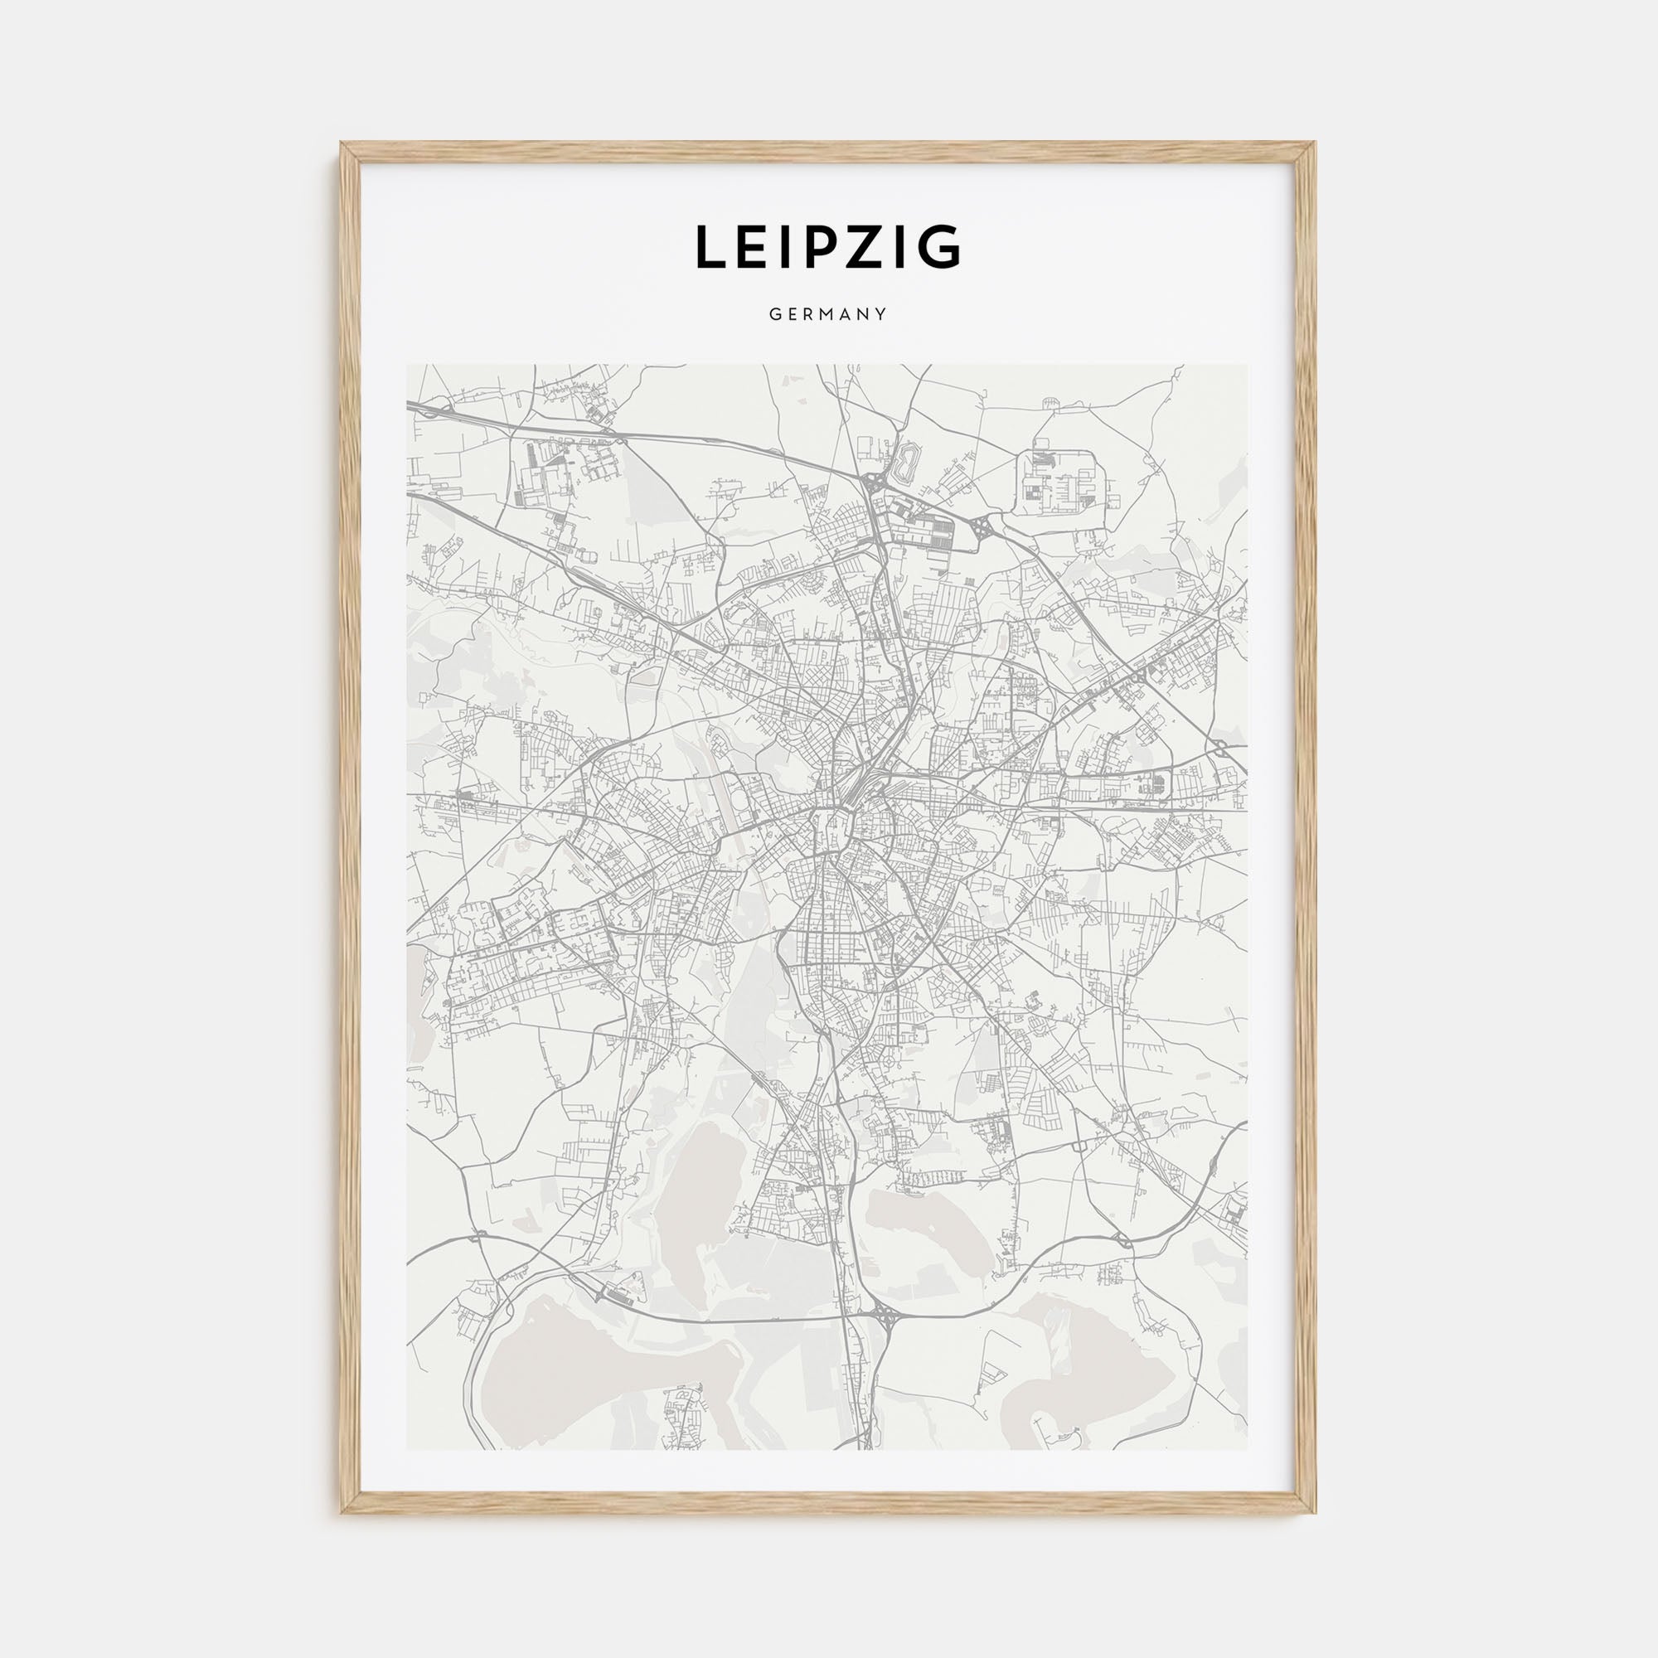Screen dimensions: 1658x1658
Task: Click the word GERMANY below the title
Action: (x=828, y=315)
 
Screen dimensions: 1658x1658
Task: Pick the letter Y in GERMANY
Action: (x=880, y=315)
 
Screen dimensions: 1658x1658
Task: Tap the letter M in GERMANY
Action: (x=828, y=315)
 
